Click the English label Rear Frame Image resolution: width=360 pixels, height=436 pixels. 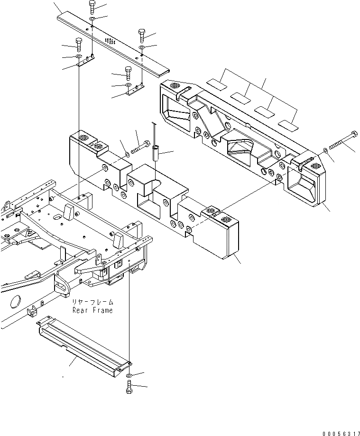click(92, 310)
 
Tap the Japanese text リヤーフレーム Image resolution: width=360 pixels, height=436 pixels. click(93, 302)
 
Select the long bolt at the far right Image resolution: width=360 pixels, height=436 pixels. click(340, 138)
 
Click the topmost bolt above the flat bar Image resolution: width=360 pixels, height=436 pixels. click(92, 7)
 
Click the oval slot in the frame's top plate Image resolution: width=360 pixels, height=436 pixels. click(56, 217)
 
